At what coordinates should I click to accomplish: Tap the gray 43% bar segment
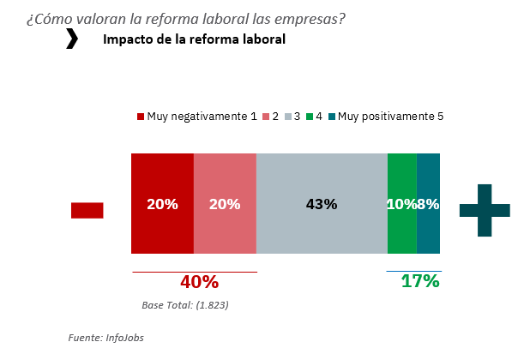click(322, 231)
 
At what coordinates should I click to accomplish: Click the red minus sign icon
click(87, 210)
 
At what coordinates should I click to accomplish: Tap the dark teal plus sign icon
click(485, 210)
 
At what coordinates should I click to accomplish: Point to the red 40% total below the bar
click(199, 282)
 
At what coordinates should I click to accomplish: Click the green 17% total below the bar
click(420, 281)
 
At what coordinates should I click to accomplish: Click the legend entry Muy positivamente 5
click(390, 116)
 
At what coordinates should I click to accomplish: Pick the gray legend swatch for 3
click(287, 117)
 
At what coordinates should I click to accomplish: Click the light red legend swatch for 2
click(266, 117)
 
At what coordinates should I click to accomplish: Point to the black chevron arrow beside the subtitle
click(72, 39)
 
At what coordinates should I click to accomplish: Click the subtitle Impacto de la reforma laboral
click(194, 39)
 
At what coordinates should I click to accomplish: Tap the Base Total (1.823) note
click(184, 304)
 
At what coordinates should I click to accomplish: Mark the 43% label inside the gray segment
click(322, 204)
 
